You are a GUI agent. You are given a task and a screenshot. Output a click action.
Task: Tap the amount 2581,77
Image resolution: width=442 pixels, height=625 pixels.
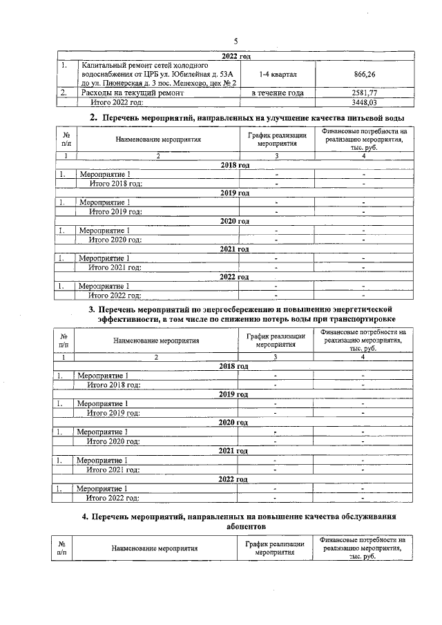coord(363,93)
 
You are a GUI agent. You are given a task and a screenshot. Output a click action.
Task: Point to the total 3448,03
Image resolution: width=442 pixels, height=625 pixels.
coord(363,102)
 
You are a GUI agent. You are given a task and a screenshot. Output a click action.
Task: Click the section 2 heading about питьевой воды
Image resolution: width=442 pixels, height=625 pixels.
coord(247,118)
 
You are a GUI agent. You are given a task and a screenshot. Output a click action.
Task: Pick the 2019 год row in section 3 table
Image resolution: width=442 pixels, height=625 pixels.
coord(233,394)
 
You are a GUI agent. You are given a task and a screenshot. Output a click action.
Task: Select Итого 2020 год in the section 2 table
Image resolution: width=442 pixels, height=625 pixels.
coord(115,240)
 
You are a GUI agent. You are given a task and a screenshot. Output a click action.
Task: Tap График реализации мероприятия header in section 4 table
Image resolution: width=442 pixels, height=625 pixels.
coord(275,548)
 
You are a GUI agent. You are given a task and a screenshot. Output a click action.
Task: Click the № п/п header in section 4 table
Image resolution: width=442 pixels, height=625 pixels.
coord(62,548)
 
